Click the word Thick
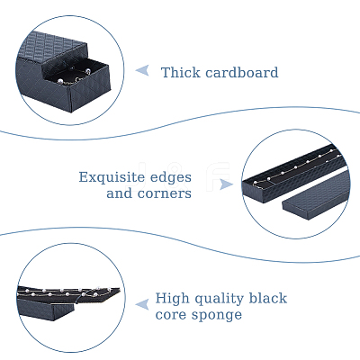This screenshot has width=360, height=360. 180,73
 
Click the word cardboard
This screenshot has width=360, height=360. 242,73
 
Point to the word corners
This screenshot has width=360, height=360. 165,193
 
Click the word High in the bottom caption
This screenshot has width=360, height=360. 172,299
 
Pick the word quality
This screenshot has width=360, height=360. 219,299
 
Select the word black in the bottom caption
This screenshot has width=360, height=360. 268,298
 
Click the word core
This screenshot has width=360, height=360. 170,314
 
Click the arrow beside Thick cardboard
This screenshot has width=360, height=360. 142,71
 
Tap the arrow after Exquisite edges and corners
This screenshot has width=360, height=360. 226,184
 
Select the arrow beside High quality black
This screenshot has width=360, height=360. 142,304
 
